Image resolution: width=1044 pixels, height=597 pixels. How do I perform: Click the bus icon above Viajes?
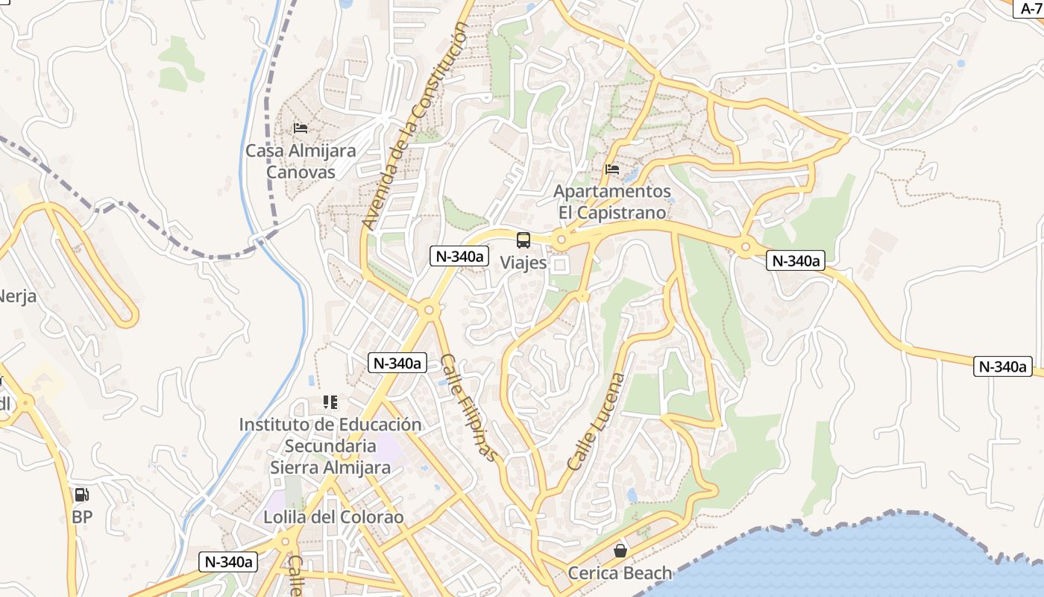[523, 240]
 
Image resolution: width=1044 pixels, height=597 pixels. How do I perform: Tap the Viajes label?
[523, 263]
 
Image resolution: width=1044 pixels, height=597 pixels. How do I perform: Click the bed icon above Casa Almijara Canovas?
[301, 128]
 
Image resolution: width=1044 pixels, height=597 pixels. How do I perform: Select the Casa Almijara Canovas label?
[301, 160]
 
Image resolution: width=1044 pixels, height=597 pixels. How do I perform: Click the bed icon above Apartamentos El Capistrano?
[612, 169]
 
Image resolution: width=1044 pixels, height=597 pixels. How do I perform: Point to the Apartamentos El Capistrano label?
[612, 202]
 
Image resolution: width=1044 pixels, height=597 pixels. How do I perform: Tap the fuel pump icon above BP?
[81, 494]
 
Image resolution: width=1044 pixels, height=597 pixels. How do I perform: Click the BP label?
[81, 516]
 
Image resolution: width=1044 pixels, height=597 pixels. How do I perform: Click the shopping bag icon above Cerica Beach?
[620, 551]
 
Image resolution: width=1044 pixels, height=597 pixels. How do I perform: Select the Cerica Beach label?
[620, 573]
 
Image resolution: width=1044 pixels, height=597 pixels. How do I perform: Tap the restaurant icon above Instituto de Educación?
[330, 402]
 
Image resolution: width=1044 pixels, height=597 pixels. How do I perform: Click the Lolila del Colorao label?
[333, 516]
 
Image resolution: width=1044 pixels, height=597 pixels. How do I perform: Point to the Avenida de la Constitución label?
[415, 125]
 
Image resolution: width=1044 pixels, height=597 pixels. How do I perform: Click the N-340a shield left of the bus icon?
[459, 256]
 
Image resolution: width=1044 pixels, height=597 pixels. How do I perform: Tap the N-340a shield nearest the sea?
[1003, 366]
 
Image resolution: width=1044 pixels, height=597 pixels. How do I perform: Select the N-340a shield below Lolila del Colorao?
[228, 562]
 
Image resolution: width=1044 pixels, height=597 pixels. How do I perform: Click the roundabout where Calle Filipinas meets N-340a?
[428, 309]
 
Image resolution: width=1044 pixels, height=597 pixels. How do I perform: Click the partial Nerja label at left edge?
[16, 296]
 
